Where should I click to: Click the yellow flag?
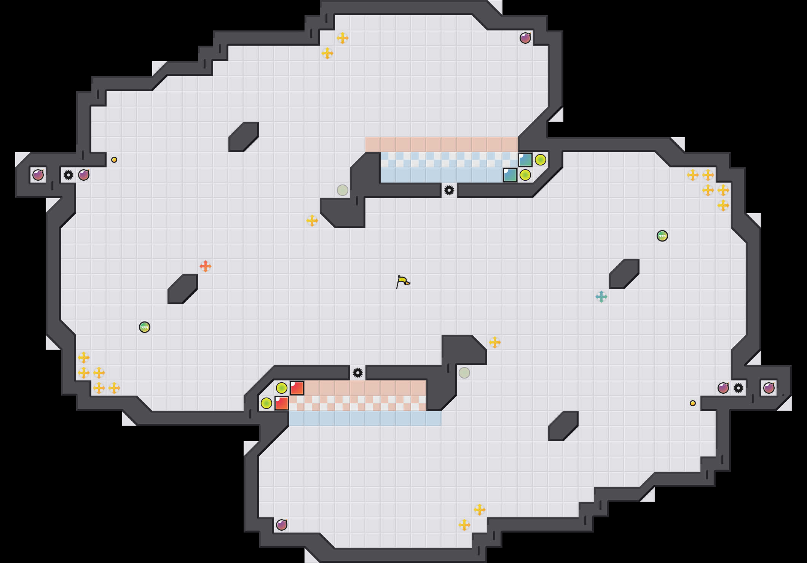(403, 281)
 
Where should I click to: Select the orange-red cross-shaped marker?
(206, 266)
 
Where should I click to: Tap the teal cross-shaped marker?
(601, 297)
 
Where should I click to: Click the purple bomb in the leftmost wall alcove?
(38, 175)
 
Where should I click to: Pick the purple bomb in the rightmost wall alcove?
(769, 388)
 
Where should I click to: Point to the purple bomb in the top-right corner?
(525, 38)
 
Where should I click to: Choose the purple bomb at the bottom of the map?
(282, 525)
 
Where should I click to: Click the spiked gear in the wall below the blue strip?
(449, 190)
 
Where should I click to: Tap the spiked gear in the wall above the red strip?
(358, 373)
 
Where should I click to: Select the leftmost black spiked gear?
(69, 175)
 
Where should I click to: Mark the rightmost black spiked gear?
(738, 388)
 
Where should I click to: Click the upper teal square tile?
(525, 160)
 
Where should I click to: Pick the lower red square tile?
(282, 403)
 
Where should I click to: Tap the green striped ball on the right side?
(662, 236)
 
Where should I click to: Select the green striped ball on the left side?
(145, 327)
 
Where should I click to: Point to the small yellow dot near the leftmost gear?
(114, 160)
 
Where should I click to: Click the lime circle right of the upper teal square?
(541, 160)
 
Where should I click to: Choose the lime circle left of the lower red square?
(266, 403)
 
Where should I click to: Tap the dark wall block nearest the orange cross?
(183, 289)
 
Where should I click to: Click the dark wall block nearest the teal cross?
(624, 274)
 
